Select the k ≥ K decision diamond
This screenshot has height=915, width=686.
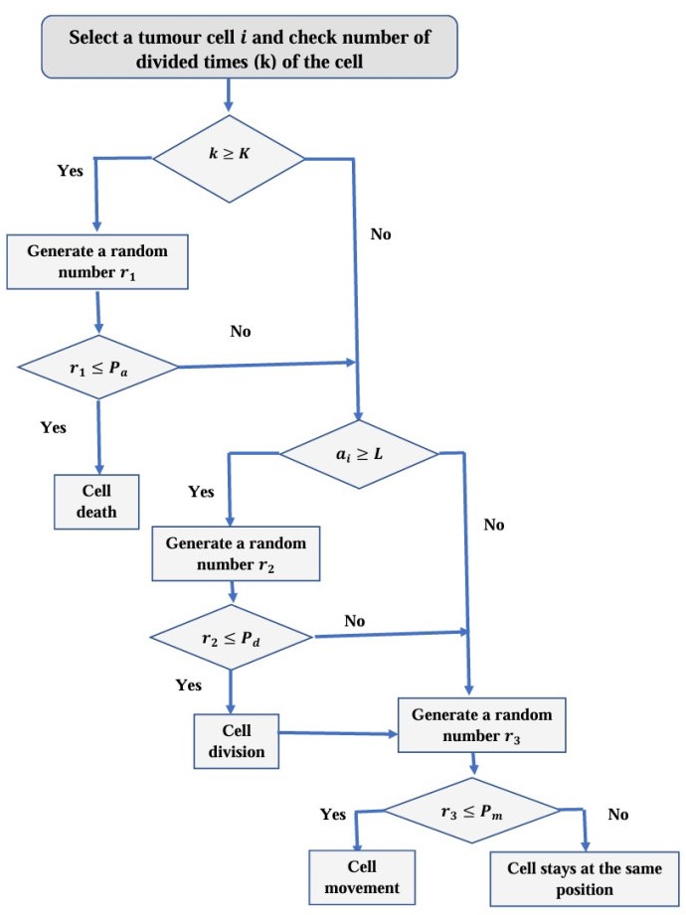(228, 156)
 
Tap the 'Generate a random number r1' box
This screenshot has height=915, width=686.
(96, 261)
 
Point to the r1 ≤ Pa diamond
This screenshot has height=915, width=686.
(96, 366)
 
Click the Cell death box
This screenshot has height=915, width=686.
(96, 502)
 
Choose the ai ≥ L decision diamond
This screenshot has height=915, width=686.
(358, 453)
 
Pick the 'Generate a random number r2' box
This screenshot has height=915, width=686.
(236, 554)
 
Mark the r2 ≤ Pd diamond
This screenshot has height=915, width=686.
(231, 635)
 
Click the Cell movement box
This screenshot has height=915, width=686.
(361, 874)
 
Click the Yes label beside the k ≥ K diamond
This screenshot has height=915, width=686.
(72, 170)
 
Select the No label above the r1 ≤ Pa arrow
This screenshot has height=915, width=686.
(241, 331)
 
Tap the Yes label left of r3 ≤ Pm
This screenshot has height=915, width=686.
(333, 815)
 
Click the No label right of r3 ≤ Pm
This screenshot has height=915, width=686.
(618, 815)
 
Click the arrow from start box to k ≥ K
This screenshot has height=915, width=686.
(229, 93)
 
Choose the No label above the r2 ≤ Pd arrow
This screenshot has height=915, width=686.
(355, 621)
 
